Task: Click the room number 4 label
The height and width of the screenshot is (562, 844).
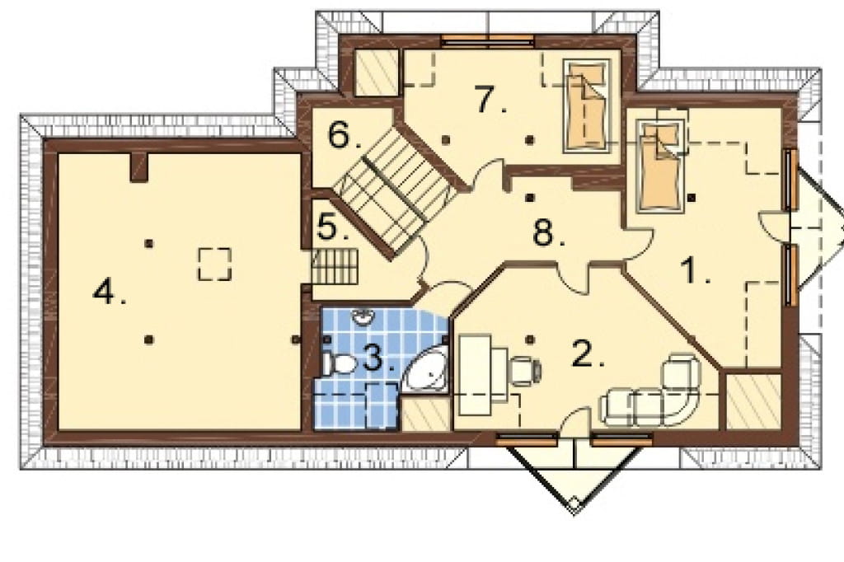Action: point(110,293)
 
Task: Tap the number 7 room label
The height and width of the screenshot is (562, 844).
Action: point(490,100)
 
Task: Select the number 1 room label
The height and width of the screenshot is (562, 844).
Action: point(695,270)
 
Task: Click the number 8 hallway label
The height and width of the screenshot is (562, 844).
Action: point(548,233)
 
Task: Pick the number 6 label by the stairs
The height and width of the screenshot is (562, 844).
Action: point(345,135)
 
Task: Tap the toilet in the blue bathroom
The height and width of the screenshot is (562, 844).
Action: point(339,364)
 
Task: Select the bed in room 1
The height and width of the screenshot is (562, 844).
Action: point(661,166)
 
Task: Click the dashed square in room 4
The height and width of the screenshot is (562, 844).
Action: point(214,264)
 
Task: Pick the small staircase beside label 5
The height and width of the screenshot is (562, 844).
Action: point(335,267)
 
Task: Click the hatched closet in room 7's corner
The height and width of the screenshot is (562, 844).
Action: point(376,73)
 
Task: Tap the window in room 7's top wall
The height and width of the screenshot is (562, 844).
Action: point(488,39)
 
